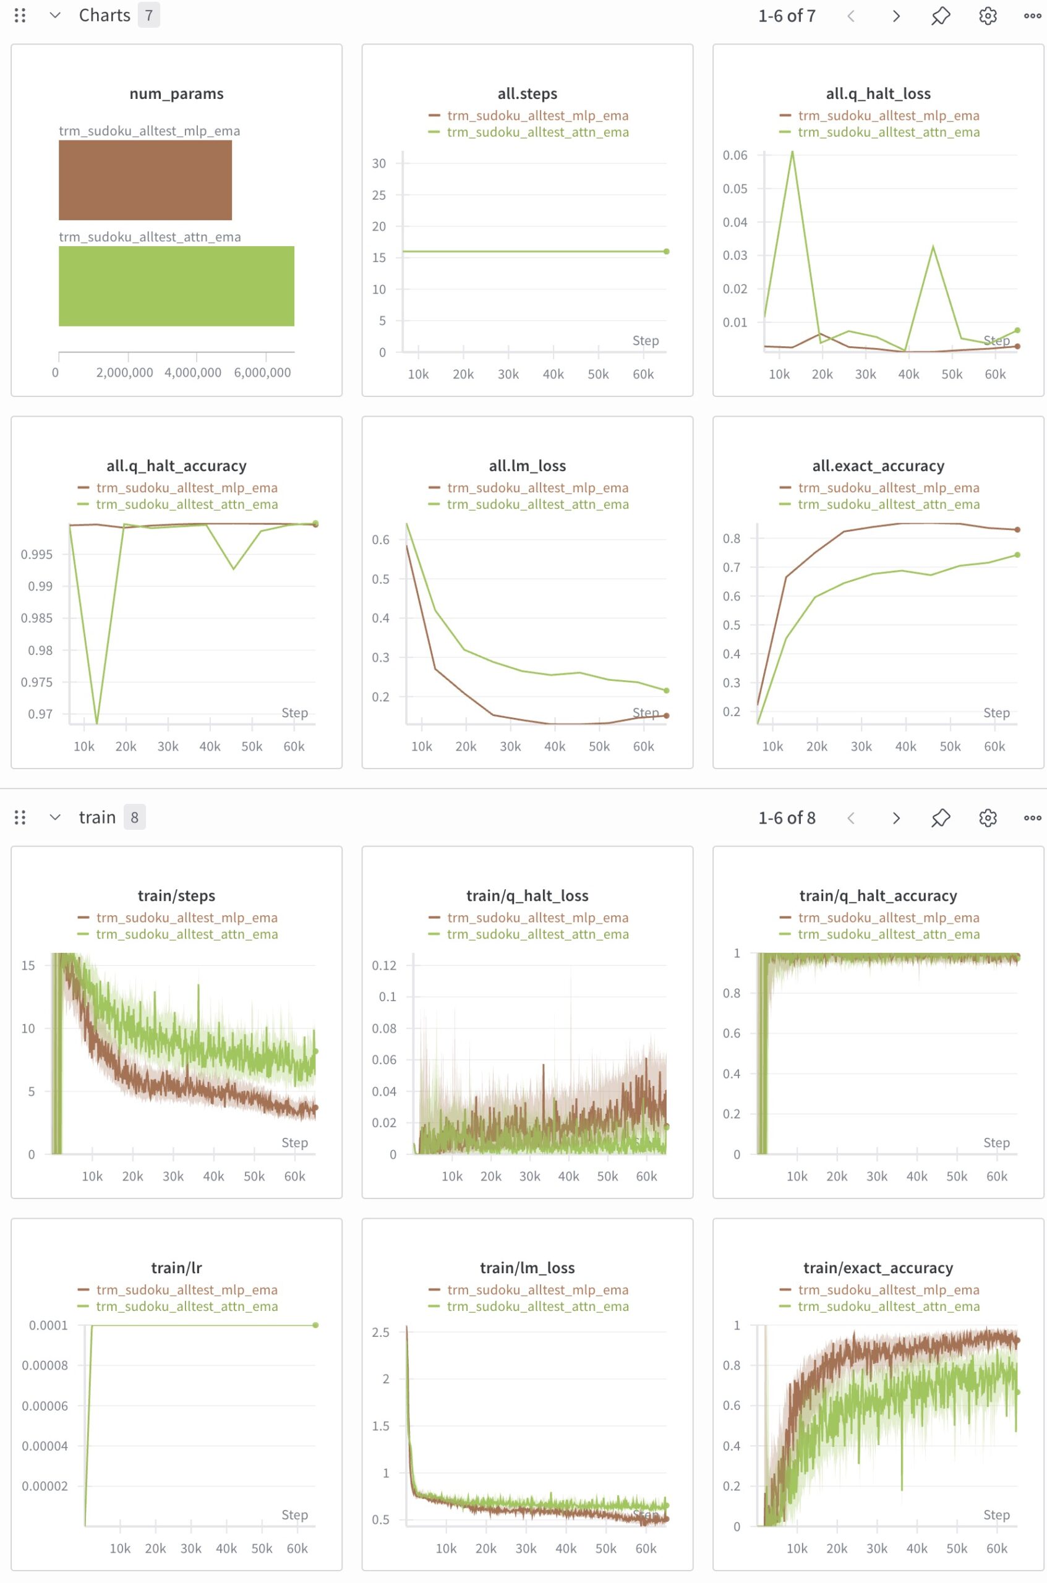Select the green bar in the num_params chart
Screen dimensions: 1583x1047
coord(176,286)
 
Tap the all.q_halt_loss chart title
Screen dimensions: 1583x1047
coord(878,93)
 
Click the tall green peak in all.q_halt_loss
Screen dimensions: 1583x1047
coord(792,152)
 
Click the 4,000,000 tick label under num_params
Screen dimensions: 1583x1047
coord(193,372)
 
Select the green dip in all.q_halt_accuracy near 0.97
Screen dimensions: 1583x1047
coord(97,722)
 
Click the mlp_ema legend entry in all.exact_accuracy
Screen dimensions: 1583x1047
coord(888,488)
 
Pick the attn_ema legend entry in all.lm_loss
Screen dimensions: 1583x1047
coord(537,505)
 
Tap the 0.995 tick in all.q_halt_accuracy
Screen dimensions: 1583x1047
coord(36,554)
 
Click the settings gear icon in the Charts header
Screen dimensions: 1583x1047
coord(988,16)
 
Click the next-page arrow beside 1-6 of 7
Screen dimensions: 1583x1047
coord(896,16)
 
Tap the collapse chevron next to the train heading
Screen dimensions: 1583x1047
coord(56,817)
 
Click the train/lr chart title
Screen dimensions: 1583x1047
coord(176,1268)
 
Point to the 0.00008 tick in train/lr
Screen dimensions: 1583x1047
coord(45,1365)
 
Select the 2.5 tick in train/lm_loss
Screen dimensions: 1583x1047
coord(380,1332)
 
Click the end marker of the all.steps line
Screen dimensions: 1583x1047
coord(667,252)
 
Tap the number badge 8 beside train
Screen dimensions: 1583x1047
coord(134,817)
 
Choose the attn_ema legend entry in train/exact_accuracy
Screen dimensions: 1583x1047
coord(889,1307)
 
